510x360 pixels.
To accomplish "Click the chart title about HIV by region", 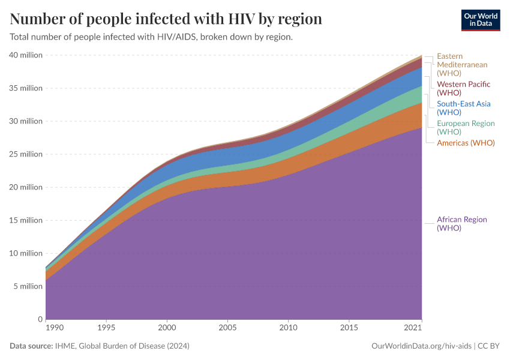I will tap(166, 19).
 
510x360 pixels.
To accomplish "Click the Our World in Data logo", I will tap(480, 19).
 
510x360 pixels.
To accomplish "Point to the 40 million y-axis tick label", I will tap(26, 55).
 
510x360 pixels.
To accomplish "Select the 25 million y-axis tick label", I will tap(26, 154).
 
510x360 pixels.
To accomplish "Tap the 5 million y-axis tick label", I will tap(28, 286).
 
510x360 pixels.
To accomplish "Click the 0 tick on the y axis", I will tap(40, 319).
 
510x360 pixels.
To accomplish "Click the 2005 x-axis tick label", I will tap(228, 329).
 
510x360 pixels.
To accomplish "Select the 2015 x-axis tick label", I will tap(349, 329).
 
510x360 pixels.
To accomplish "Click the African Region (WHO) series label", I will tap(461, 224).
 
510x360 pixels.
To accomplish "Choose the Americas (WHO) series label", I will tap(466, 143).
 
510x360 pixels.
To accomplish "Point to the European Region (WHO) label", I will tap(466, 127).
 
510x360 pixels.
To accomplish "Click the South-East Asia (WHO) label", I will tap(463, 108).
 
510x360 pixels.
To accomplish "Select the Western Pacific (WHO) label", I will tap(463, 89).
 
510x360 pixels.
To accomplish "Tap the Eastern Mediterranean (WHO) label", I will tap(461, 65).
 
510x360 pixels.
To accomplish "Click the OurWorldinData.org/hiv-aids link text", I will tap(422, 346).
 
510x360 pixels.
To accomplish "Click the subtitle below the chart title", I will tap(151, 37).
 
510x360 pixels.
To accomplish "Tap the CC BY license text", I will tap(488, 346).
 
